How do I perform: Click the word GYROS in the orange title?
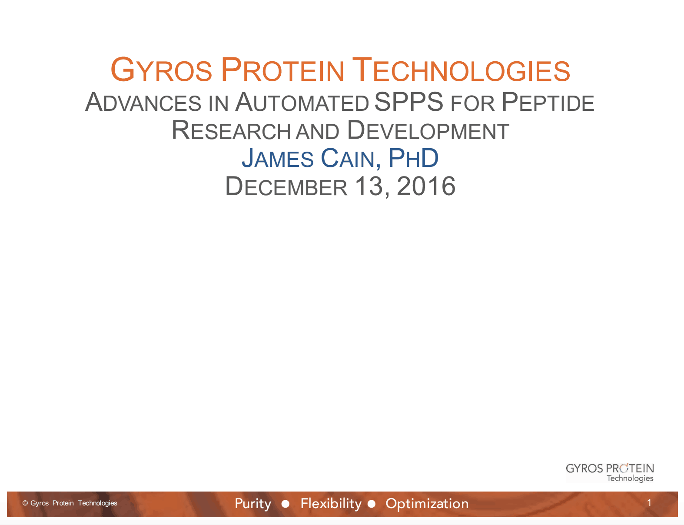tap(161, 70)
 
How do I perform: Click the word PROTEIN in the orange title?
tap(282, 70)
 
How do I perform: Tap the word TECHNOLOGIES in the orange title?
tap(461, 70)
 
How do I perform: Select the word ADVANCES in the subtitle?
tap(143, 103)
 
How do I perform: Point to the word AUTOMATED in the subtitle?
tap(302, 103)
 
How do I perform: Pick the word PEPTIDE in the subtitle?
tap(548, 103)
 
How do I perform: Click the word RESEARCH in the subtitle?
tap(231, 131)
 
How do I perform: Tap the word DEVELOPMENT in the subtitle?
tap(428, 131)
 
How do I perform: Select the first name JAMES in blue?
tap(278, 159)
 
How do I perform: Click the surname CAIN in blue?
tap(348, 159)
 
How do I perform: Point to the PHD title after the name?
tap(413, 159)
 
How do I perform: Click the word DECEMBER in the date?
tap(286, 187)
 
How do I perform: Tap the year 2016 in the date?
tap(426, 186)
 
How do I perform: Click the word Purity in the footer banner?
tap(253, 503)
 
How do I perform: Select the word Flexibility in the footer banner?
tap(331, 503)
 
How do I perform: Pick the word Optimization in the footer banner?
tap(427, 503)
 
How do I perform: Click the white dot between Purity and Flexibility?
tap(286, 504)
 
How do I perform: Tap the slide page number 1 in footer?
tap(649, 503)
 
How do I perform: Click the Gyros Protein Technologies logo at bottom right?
tap(610, 472)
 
